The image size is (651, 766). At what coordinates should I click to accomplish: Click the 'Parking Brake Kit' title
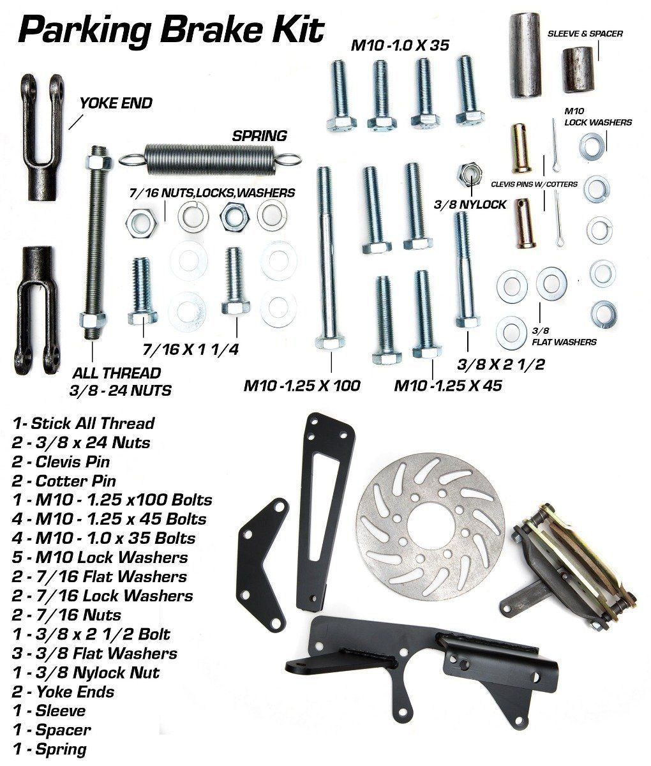171,31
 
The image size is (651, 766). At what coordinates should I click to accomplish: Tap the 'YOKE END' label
116,103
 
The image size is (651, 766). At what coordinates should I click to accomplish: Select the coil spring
210,160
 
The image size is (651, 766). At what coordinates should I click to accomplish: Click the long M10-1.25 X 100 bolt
328,259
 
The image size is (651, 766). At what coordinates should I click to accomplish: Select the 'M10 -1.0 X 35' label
400,45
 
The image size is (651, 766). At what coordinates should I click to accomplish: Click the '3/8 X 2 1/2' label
501,364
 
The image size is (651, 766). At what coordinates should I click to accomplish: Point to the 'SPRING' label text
259,136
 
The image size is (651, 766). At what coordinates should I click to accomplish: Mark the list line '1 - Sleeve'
49,710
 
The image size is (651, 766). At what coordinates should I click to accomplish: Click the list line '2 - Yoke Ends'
63,691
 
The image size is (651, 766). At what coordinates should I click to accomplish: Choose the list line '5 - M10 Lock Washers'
100,557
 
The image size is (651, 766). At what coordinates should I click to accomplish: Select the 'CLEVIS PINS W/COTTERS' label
534,184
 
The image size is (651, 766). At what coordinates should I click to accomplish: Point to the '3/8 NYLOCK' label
470,204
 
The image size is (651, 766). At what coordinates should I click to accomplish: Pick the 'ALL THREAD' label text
116,373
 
